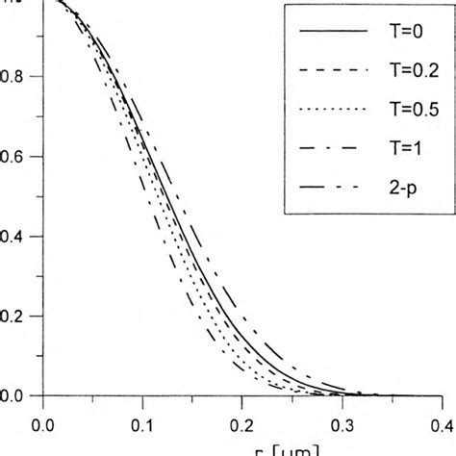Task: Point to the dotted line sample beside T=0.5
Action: point(333,108)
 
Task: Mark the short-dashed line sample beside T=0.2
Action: point(333,69)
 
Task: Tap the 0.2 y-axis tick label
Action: point(16,316)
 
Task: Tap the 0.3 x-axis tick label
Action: point(342,421)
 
